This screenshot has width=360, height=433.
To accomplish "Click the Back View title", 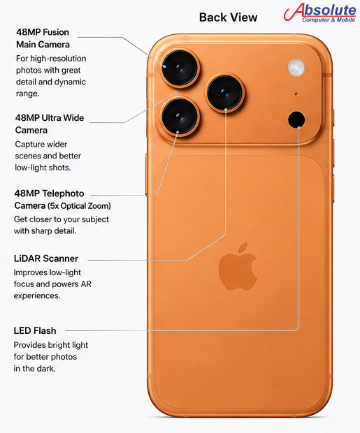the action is [228, 17].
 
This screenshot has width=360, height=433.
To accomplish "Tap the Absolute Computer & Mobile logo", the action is [320, 13].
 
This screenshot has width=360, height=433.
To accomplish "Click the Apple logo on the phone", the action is [238, 267].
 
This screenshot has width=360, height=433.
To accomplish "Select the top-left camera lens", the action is [180, 68].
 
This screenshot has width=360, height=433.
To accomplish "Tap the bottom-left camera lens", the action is [180, 117].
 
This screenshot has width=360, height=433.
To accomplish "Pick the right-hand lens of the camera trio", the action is [225, 92].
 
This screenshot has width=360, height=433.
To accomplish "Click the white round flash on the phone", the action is [296, 67].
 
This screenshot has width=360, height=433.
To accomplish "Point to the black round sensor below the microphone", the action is [296, 119].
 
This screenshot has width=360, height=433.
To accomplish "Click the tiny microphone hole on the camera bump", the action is [296, 94].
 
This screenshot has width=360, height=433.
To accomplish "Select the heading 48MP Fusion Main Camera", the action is [43, 38].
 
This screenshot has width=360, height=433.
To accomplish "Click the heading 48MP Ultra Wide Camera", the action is [50, 124].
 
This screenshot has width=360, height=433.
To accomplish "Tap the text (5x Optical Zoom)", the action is [79, 206].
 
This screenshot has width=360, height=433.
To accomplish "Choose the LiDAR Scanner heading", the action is [46, 258].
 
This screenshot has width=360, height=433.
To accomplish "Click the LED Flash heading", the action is [35, 330].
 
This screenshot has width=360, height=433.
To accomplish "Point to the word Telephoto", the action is [63, 193].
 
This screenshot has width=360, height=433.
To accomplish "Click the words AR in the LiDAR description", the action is [86, 284].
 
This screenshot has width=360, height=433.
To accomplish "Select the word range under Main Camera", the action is [27, 94].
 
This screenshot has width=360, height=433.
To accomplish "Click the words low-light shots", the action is [43, 168].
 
